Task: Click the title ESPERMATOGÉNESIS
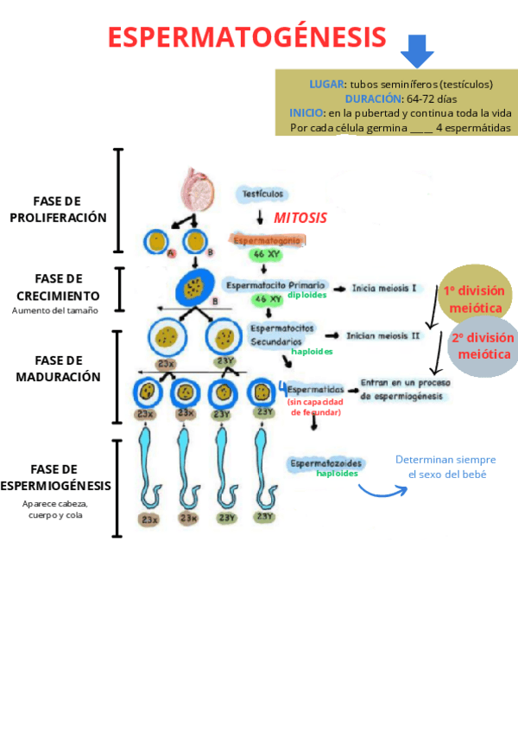click(247, 37)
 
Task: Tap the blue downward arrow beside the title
click(417, 51)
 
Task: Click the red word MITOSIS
click(300, 218)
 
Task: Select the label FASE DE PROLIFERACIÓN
click(58, 209)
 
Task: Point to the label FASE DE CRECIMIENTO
click(58, 287)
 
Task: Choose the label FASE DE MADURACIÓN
click(58, 368)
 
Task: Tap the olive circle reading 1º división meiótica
click(474, 298)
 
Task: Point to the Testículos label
click(263, 194)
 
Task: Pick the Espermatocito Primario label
click(275, 284)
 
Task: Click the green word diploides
click(307, 295)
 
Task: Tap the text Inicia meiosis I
click(384, 288)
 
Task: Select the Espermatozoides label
click(326, 463)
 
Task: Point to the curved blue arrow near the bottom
click(382, 490)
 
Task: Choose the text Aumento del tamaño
click(55, 310)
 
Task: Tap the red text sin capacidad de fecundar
click(315, 406)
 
